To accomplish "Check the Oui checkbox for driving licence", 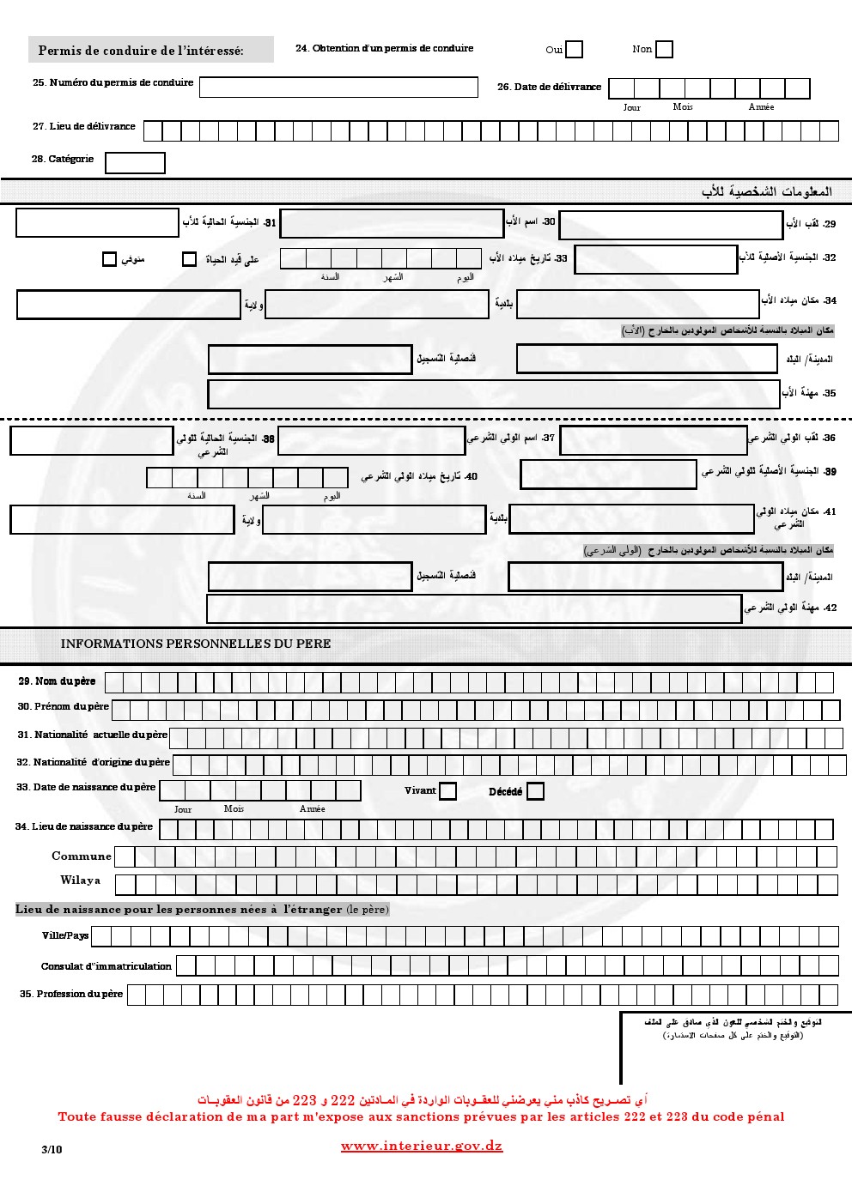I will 574,50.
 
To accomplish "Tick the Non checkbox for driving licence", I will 664,50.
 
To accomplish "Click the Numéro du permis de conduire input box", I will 338,88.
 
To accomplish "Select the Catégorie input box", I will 135,163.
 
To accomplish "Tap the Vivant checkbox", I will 447,791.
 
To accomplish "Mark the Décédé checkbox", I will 535,791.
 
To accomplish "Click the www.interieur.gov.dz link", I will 422,1147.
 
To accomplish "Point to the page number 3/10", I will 52,1150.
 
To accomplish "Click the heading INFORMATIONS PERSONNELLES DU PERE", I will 196,644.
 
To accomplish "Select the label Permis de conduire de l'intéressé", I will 142,51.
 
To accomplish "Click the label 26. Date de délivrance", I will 549,88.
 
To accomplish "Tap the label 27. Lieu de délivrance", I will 84,127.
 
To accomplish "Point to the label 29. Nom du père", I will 58,681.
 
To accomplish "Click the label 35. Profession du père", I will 71,994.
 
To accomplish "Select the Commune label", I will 82,856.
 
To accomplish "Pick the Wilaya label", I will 81,880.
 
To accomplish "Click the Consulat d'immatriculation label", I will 106,966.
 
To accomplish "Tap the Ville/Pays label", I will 65,935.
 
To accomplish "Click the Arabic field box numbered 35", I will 494,394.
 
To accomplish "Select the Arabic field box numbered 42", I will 474,608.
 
